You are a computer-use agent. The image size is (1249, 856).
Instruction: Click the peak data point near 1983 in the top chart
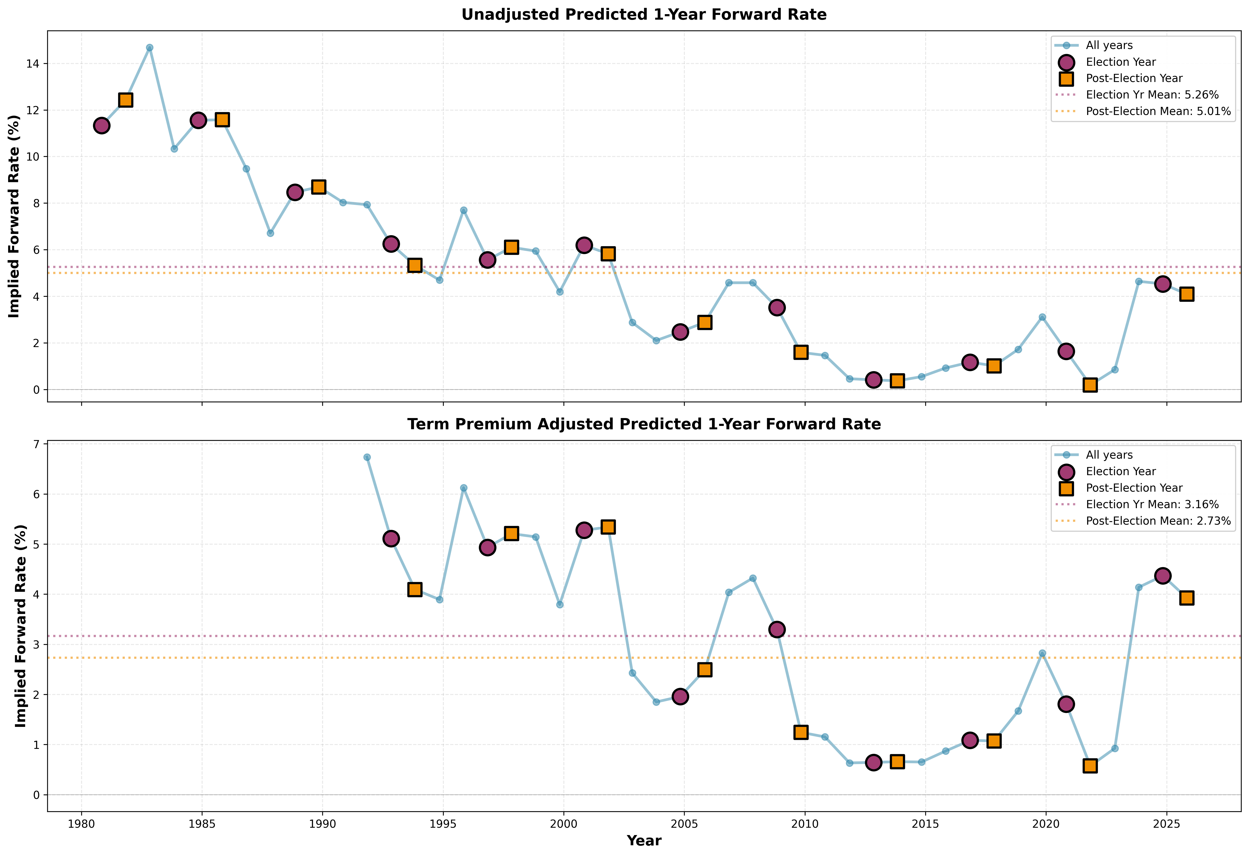[149, 48]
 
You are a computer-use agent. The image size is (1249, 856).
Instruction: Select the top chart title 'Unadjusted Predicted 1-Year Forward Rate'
[644, 14]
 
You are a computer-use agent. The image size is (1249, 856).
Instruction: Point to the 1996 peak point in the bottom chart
[463, 488]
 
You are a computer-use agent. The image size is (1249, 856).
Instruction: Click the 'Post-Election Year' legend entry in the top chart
[1134, 79]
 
